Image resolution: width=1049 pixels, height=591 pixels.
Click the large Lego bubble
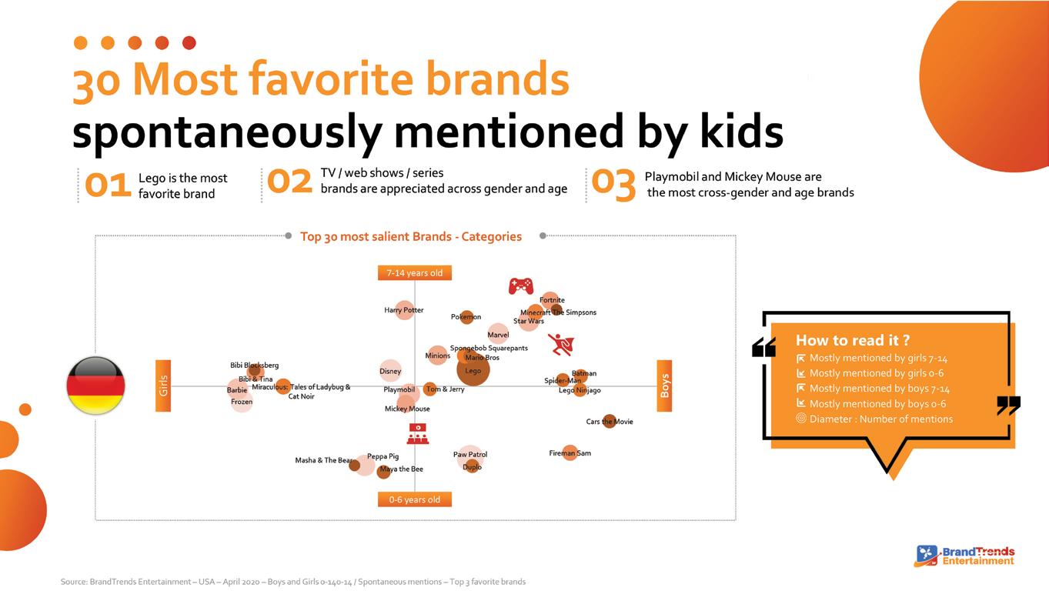[473, 369]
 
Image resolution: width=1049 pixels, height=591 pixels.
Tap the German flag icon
[96, 386]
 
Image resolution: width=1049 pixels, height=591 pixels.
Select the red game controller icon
[521, 285]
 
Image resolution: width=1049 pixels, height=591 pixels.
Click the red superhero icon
[561, 344]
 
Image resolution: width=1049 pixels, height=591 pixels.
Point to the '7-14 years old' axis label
[415, 273]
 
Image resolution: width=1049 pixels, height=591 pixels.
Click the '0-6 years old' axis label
[415, 499]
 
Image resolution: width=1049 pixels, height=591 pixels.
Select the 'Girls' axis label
[163, 386]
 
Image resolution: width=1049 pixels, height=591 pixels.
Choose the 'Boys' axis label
[664, 386]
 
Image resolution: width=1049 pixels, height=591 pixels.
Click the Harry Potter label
[404, 310]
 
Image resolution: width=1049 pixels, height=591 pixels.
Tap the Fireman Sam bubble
[570, 452]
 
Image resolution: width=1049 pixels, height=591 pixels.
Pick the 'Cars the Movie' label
[610, 422]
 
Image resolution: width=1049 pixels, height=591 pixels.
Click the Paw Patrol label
[470, 454]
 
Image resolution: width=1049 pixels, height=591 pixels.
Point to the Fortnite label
[552, 299]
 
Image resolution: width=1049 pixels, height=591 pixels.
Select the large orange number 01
[108, 185]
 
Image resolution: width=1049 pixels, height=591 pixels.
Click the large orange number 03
[613, 185]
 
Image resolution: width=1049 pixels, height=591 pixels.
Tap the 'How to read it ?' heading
[852, 340]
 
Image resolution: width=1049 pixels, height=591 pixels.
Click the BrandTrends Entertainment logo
[964, 556]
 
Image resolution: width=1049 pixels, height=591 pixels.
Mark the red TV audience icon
[417, 434]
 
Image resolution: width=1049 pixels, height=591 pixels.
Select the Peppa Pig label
[383, 456]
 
